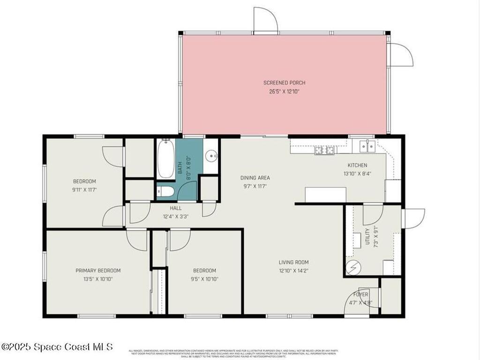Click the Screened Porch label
[284, 83]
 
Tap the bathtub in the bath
[165, 159]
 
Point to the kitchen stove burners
[324, 150]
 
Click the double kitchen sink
[367, 146]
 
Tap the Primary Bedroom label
[98, 270]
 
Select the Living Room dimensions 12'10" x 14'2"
[293, 270]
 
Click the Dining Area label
[255, 178]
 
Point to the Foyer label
[360, 294]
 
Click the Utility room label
[367, 236]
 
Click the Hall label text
[175, 208]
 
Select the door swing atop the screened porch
[266, 20]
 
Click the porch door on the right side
[401, 55]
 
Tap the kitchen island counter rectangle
[325, 195]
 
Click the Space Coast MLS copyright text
[57, 347]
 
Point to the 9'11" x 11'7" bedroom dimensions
[84, 190]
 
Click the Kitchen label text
[357, 165]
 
